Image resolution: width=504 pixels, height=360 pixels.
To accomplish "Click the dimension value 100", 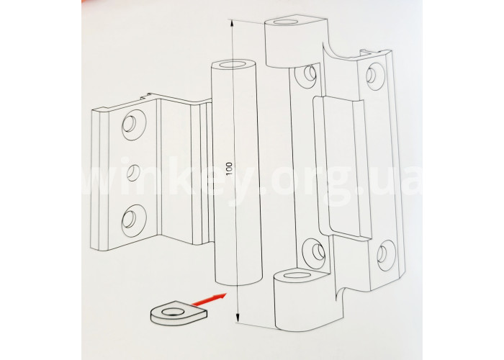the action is click(229, 169).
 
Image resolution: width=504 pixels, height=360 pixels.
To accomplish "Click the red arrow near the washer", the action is click(208, 300).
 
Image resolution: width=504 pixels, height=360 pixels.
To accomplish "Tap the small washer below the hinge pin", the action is click(179, 312).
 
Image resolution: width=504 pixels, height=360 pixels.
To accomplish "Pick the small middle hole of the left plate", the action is click(132, 173).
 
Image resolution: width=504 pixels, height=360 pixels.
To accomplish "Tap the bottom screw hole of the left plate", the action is click(134, 219).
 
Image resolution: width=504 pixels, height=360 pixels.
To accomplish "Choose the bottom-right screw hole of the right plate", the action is click(386, 255).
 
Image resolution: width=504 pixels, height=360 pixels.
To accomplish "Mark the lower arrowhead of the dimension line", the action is click(237, 318).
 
